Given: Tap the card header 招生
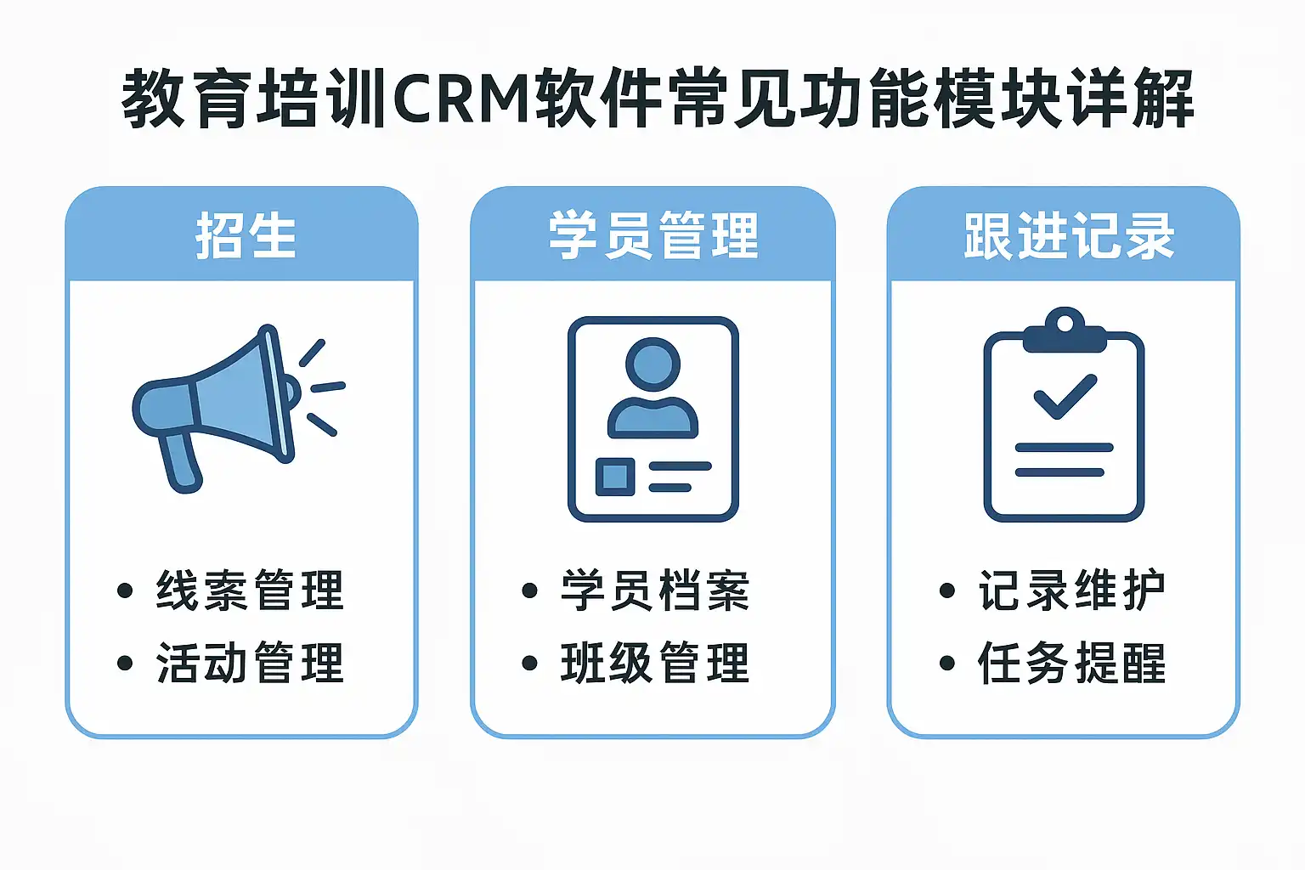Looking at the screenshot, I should pyautogui.click(x=245, y=235).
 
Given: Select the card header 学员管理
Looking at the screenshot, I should pyautogui.click(x=652, y=235).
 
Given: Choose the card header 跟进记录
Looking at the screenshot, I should pyautogui.click(x=1068, y=235).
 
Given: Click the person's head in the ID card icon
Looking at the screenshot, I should pyautogui.click(x=652, y=364).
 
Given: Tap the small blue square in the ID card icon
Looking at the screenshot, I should pyautogui.click(x=615, y=476).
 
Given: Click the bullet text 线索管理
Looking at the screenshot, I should pyautogui.click(x=250, y=590).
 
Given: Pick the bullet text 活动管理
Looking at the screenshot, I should pyautogui.click(x=250, y=664).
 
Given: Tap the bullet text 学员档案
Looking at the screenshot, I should pyautogui.click(x=655, y=590).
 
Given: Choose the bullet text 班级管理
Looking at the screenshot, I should pyautogui.click(x=655, y=664).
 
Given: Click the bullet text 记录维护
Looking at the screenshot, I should pyautogui.click(x=1071, y=590).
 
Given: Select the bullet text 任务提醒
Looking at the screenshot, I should pyautogui.click(x=1071, y=664).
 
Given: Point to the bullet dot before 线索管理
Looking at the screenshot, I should pyautogui.click(x=125, y=590).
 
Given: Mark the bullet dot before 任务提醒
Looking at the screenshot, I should pyautogui.click(x=947, y=664).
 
